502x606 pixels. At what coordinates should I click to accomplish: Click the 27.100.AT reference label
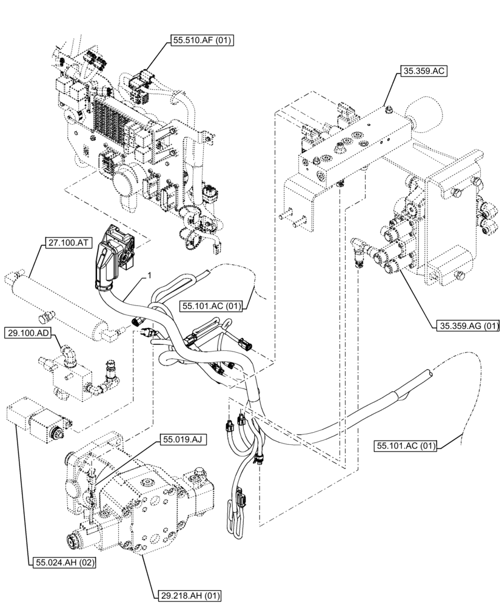pos(68,243)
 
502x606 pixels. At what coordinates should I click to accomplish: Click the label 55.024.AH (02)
pos(62,562)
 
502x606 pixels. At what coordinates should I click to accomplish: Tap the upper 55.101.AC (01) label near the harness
pos(211,307)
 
